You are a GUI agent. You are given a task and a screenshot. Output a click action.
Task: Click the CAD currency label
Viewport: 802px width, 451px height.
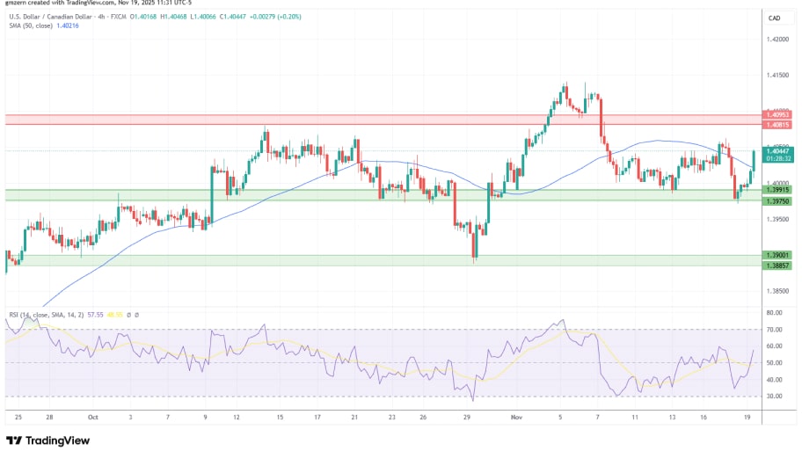coord(775,18)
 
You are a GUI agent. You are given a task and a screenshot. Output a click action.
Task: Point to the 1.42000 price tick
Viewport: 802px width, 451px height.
coord(776,40)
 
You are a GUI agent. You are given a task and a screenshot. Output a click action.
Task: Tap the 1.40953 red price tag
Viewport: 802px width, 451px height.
coord(776,115)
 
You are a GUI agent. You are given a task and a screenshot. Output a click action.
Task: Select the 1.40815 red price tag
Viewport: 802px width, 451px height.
coord(776,125)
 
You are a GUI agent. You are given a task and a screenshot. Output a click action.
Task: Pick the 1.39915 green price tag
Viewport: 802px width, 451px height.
coord(776,190)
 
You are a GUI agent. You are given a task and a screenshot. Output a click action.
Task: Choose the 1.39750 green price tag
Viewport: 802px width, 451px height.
coord(776,201)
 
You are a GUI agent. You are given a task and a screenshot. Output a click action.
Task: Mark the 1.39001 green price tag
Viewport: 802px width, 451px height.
coord(776,256)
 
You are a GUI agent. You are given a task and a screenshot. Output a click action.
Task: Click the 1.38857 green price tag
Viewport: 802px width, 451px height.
coord(776,266)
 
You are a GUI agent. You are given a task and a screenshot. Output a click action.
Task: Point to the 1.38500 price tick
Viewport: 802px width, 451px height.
coord(776,291)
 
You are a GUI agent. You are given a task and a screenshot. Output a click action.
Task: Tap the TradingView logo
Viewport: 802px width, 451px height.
coord(51,440)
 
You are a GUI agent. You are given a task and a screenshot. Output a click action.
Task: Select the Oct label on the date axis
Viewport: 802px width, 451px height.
coord(93,418)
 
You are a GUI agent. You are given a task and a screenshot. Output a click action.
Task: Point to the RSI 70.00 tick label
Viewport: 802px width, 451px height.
coord(773,330)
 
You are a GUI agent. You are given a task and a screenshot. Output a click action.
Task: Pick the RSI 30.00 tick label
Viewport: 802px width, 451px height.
coord(773,396)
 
